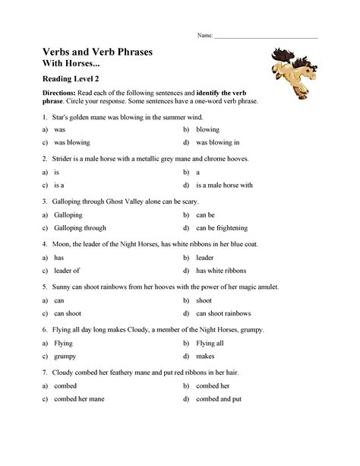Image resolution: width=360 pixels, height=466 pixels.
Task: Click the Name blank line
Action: point(266,36)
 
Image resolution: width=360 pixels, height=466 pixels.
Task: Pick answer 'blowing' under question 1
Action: point(207,130)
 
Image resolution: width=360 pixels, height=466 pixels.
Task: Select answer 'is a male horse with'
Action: point(224,185)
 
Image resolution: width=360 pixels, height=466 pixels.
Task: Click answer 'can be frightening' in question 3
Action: point(222,227)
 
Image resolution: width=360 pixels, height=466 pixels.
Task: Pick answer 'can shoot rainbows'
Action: point(223,312)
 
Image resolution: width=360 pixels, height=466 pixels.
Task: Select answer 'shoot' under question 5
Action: point(204,300)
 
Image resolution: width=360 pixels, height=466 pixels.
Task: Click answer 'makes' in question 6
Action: point(204,356)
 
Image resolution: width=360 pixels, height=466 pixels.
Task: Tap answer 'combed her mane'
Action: point(79,398)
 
